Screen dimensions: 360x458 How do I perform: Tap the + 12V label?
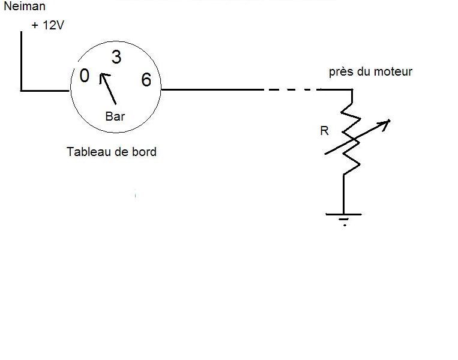(48, 27)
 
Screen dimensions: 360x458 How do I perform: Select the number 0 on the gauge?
(85, 76)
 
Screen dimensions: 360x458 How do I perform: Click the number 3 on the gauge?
(116, 58)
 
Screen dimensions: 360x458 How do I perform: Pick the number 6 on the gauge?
(146, 79)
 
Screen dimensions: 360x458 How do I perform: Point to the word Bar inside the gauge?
(115, 116)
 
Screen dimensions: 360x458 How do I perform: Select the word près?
(340, 72)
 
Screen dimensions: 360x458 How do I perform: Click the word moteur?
(393, 72)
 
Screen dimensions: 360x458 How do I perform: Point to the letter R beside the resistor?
(325, 131)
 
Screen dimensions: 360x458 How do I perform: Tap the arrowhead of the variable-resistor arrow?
(386, 123)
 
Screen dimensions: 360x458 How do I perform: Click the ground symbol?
(344, 217)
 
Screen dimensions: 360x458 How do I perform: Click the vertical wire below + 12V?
(21, 60)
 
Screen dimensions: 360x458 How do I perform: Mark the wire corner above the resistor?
(352, 90)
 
